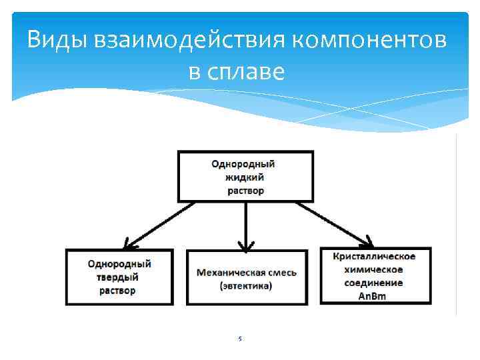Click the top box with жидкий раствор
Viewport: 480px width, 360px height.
(245, 177)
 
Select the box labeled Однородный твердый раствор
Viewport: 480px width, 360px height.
(119, 277)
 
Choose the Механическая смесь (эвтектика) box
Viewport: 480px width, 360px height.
(247, 277)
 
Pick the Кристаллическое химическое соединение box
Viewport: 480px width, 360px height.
(375, 276)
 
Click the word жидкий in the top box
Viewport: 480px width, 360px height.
(245, 177)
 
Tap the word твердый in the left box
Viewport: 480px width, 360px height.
(119, 277)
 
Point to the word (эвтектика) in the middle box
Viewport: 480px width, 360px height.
(246, 286)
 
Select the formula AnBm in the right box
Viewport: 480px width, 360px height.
(375, 295)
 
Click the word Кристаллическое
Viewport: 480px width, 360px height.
(375, 257)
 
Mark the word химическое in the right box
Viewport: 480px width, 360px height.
(375, 269)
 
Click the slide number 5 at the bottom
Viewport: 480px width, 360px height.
(240, 339)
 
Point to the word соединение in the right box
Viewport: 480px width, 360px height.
(375, 283)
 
